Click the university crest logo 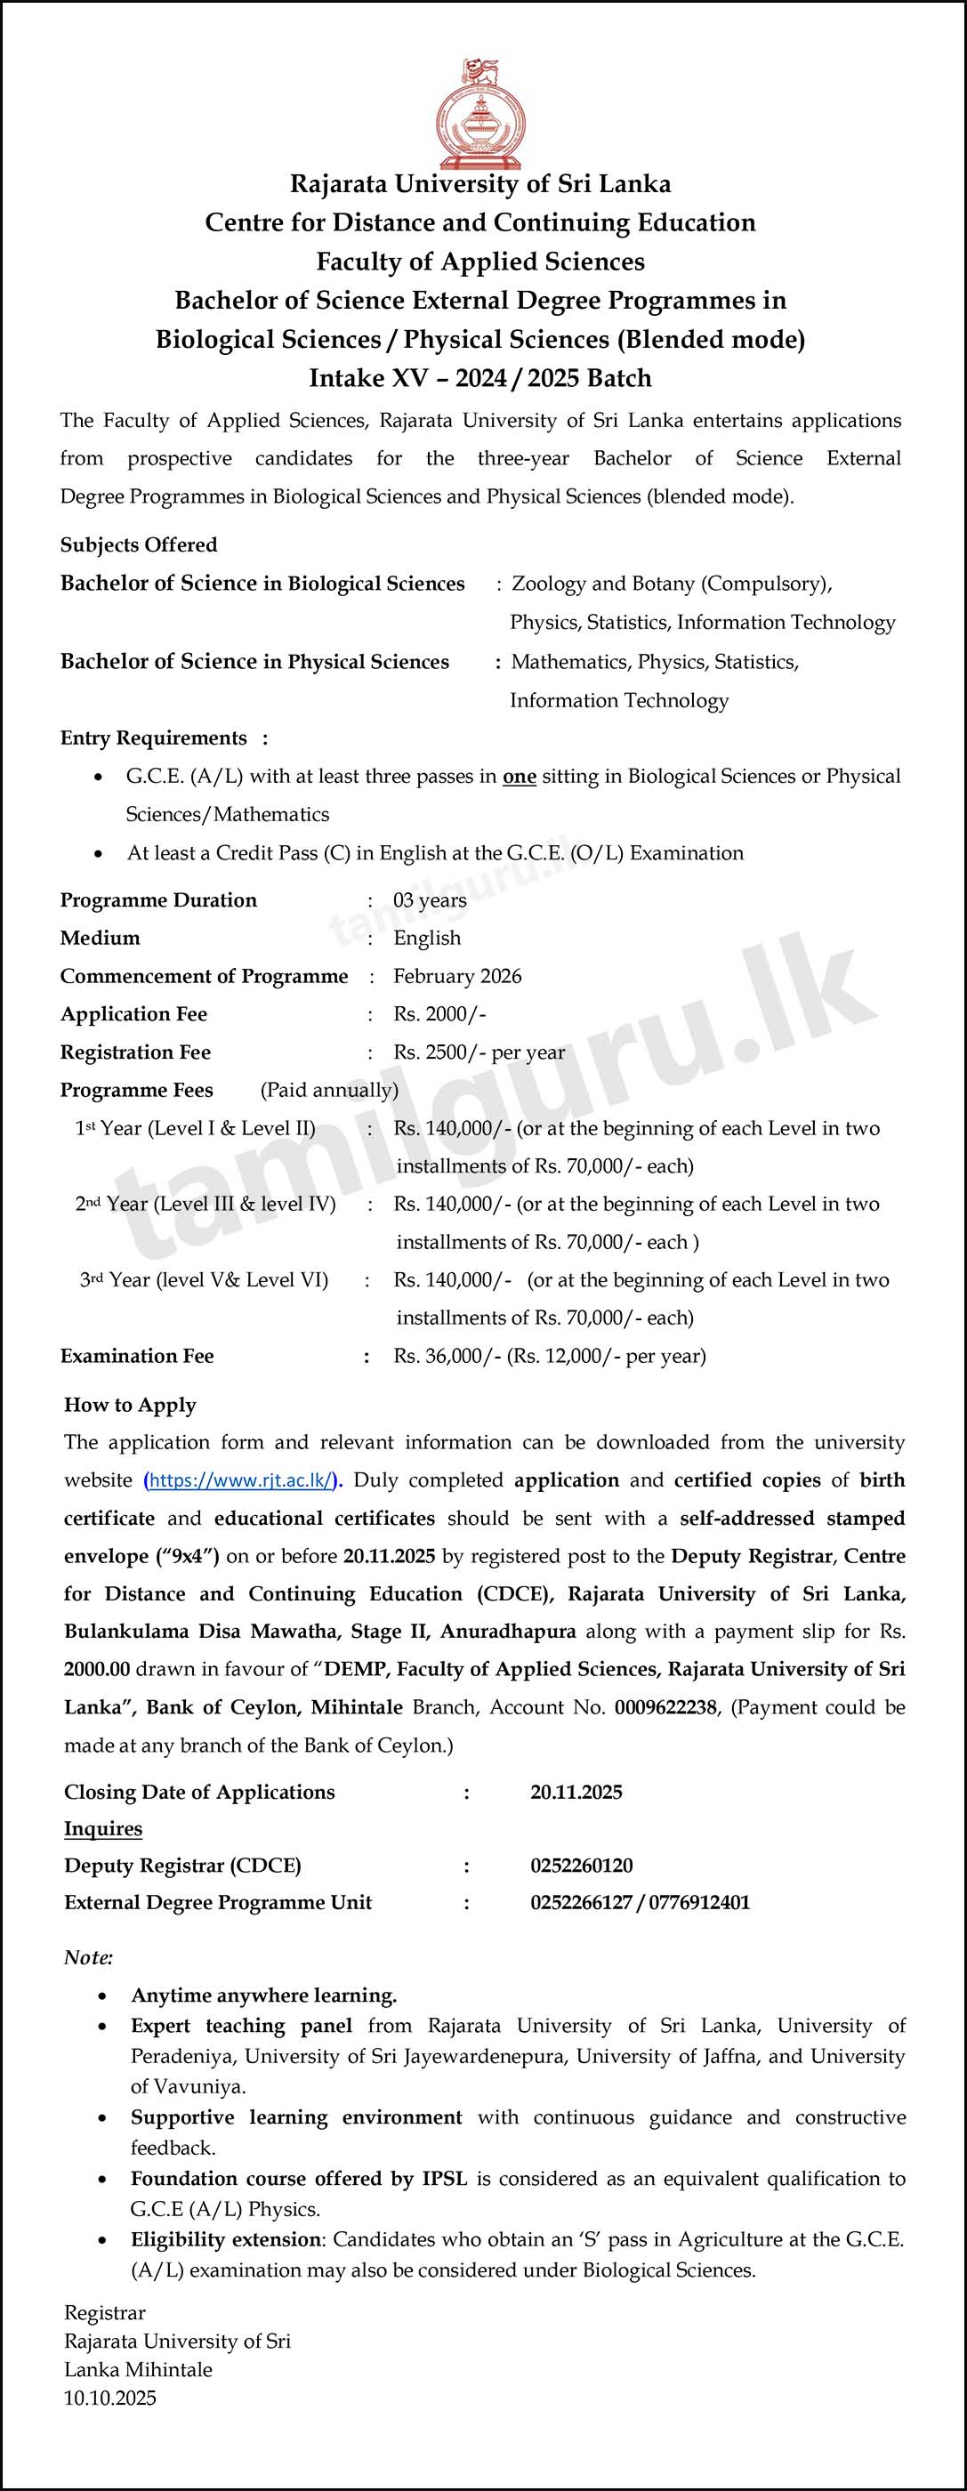(x=480, y=114)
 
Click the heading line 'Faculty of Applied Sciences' (x=480, y=262)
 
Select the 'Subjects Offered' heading (x=138, y=544)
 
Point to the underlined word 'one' (x=520, y=777)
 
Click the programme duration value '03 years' (x=430, y=900)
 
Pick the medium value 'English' (x=426, y=938)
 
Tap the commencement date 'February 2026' (x=456, y=976)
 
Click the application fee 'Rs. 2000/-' (x=439, y=1013)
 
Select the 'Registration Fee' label (x=135, y=1052)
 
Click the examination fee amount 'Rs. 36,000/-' (x=447, y=1356)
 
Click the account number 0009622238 (x=665, y=1706)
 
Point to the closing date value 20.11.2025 (x=576, y=1792)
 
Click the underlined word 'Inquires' (x=102, y=1828)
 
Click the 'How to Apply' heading (x=130, y=1405)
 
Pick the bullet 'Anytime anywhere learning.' (x=264, y=1995)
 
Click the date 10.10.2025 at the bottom (x=109, y=2398)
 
